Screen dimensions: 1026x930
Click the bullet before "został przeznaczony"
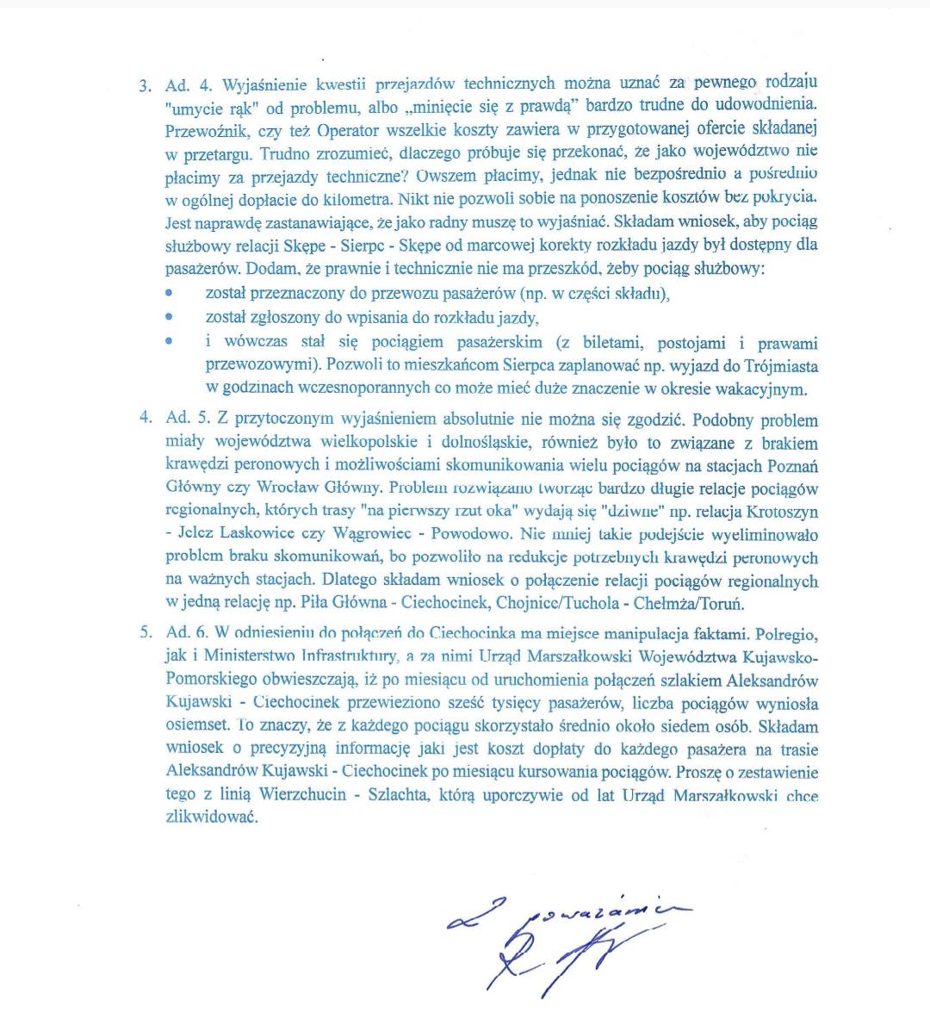169,294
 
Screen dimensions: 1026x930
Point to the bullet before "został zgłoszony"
169,317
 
